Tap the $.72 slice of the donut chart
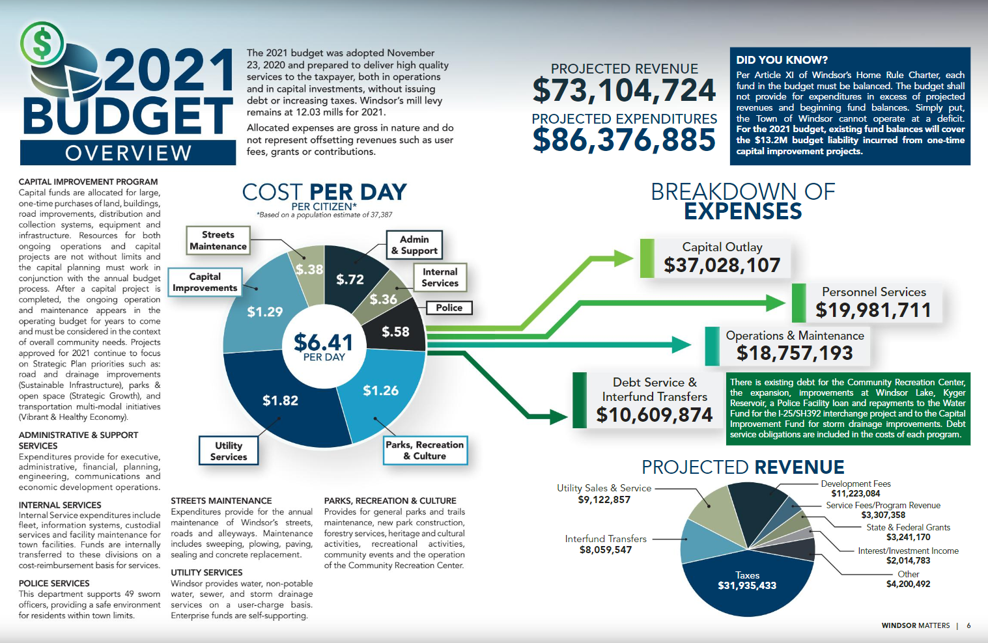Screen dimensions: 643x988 point(350,279)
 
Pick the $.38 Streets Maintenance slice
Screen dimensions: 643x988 point(309,269)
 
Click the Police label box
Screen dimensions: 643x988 point(449,308)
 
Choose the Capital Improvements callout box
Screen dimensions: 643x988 point(205,282)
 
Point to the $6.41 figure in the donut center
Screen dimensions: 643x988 point(323,342)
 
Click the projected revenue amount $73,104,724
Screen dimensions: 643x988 point(624,90)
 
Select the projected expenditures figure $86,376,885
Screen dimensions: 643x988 point(624,140)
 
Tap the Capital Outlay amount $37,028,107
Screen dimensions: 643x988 point(722,266)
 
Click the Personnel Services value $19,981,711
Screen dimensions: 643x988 point(873,310)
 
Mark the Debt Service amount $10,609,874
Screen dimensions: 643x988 point(655,415)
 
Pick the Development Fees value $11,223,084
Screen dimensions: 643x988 point(855,494)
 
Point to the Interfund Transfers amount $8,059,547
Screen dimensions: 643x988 point(606,550)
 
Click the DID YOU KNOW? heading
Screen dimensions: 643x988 point(782,60)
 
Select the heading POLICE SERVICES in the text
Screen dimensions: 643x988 point(54,584)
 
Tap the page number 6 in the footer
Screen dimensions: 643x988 point(968,625)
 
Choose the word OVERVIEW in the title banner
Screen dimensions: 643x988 point(128,153)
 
